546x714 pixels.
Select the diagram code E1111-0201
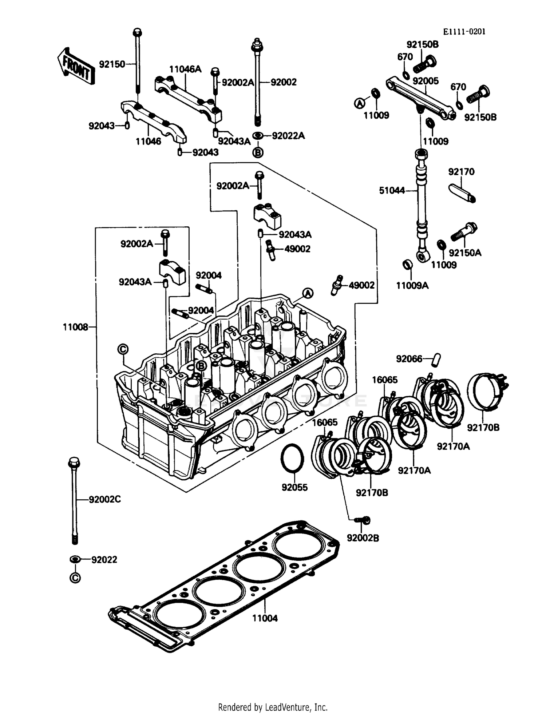coord(464,32)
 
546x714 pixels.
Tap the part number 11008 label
coord(75,327)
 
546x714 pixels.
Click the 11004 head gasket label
coord(265,618)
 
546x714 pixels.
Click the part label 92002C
coord(105,499)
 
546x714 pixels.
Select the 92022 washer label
coord(104,560)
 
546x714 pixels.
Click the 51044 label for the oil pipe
coord(392,190)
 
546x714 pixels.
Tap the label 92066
coord(409,359)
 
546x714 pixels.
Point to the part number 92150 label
coord(112,64)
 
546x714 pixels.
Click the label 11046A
coord(185,69)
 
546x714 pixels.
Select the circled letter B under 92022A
coord(257,152)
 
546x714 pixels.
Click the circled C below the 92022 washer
coord(75,578)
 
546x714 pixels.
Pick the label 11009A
coord(412,286)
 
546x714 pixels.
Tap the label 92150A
coord(465,253)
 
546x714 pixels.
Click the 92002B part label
coord(363,538)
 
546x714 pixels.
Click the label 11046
coord(148,141)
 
